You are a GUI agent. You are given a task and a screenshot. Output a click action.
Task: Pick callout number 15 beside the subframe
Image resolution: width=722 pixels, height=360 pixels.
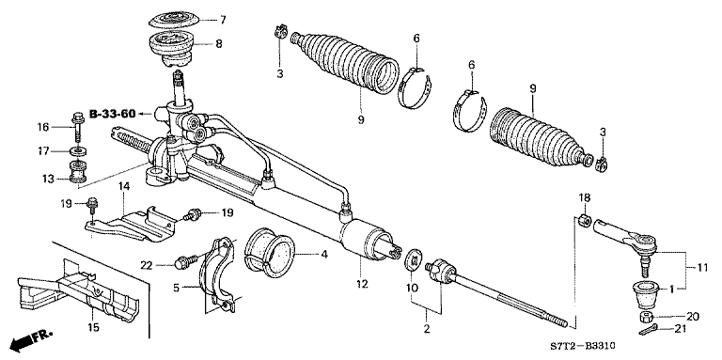(91, 327)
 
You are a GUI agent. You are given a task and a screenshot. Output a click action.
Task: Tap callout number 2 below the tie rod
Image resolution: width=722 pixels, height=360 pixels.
(428, 329)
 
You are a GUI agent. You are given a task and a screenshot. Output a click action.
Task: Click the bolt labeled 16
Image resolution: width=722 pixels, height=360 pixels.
(76, 125)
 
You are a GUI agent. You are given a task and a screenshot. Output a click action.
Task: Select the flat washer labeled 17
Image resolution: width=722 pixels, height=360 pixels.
(75, 150)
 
